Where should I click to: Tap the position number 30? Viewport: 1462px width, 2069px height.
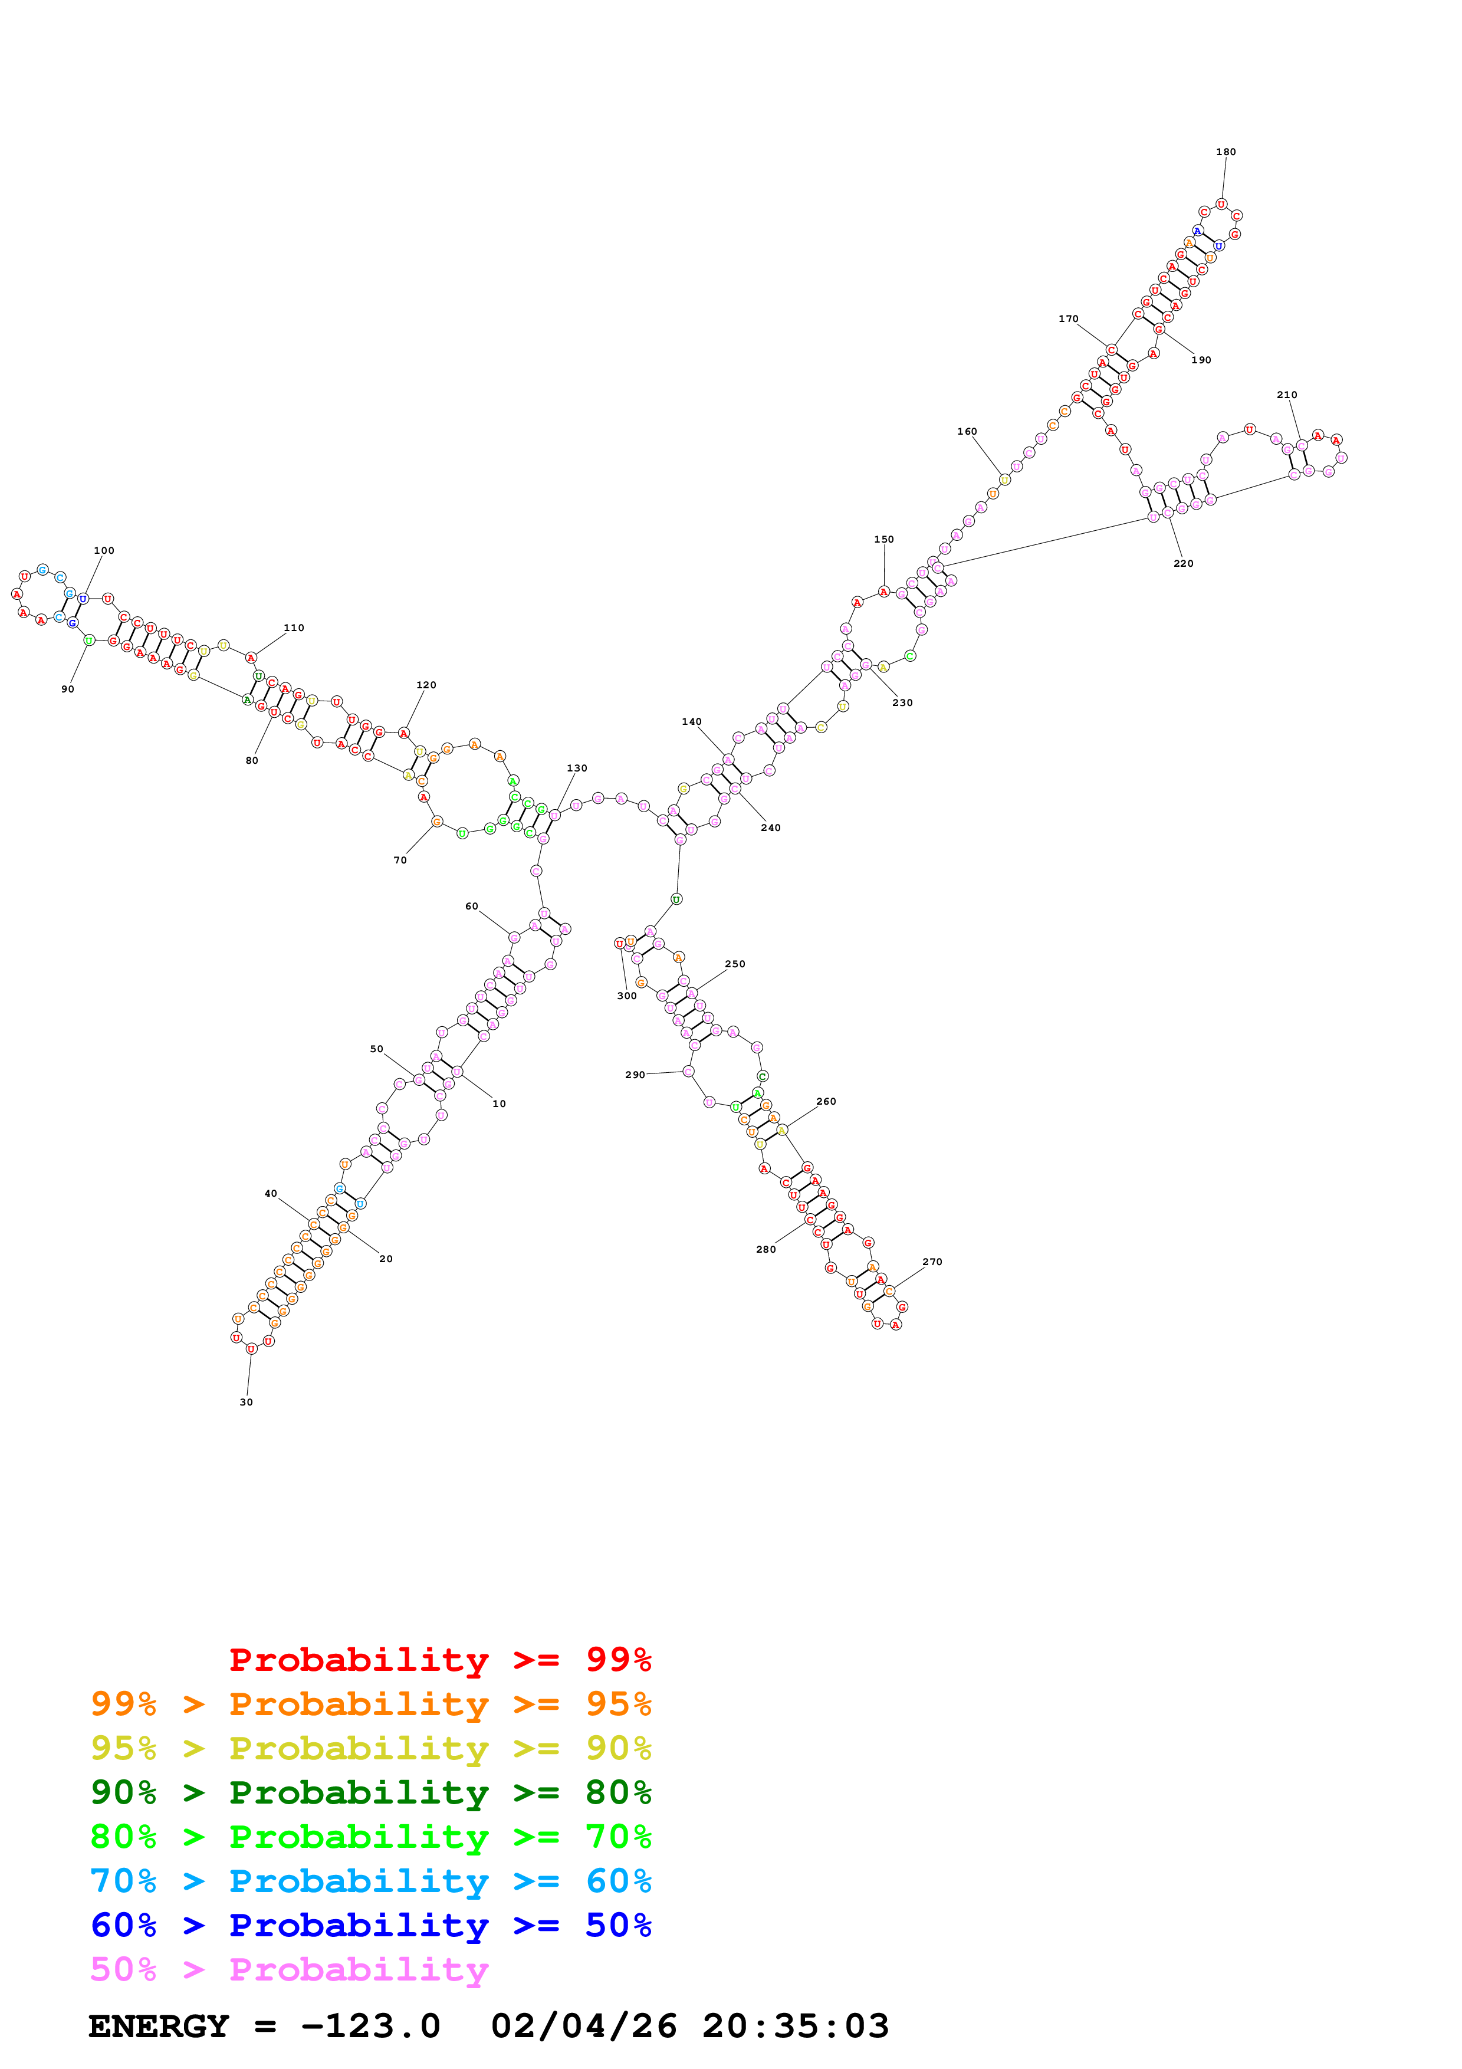click(x=246, y=1402)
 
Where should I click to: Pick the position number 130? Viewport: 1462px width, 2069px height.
click(x=577, y=768)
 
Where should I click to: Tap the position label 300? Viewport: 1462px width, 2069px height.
click(x=627, y=996)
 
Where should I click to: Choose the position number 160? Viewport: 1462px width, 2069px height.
click(x=967, y=432)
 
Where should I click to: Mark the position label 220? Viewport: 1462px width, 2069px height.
click(x=1183, y=563)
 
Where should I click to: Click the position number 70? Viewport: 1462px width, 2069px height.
click(x=400, y=860)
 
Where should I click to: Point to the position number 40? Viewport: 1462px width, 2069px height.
click(x=270, y=1193)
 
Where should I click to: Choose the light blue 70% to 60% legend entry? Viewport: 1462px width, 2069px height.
click(x=370, y=1881)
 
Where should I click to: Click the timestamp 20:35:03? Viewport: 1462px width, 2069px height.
click(x=796, y=2027)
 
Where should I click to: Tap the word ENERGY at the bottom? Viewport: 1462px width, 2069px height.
click(x=159, y=2027)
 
